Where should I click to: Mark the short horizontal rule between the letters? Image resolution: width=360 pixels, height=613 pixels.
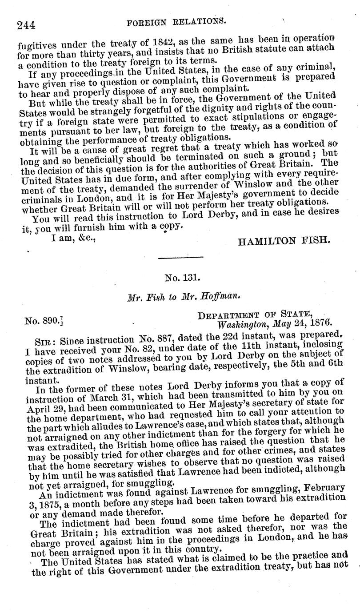[x=180, y=258]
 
